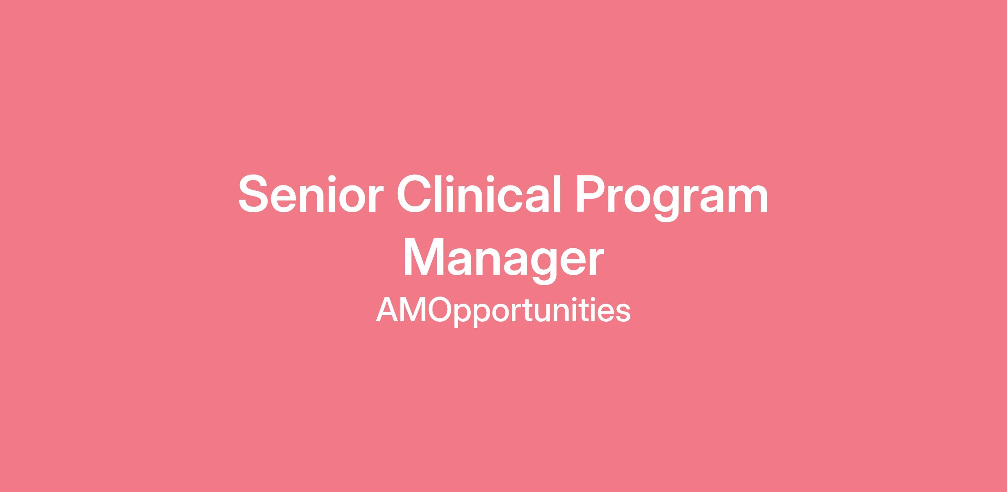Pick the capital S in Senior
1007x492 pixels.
coord(254,194)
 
